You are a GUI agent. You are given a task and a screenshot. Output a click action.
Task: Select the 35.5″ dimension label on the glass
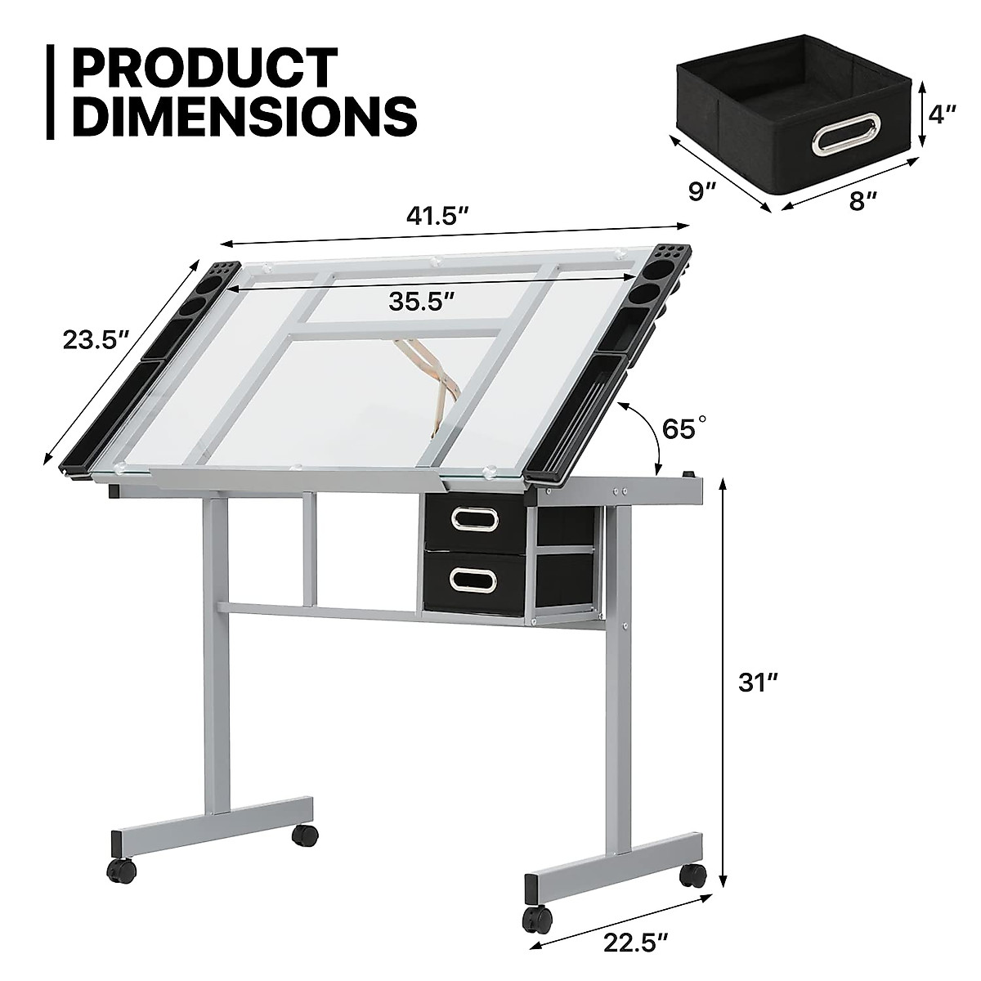click(x=421, y=302)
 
